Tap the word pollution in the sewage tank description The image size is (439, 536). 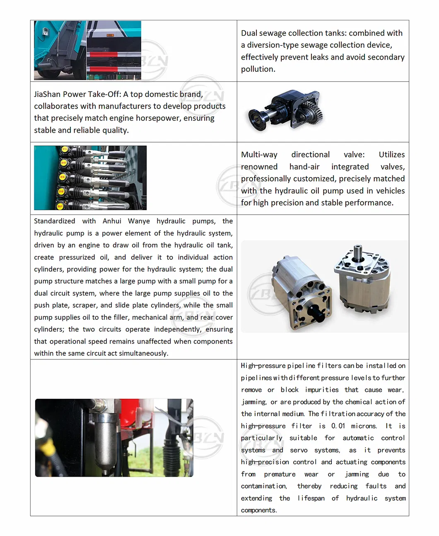258,69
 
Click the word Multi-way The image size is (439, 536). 259,155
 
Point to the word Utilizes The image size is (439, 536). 391,155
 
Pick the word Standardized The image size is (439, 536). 55,221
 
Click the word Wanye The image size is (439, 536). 139,221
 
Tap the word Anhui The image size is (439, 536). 112,221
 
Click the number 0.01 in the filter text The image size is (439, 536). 338,426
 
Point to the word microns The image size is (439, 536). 364,426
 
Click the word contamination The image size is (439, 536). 264,486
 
